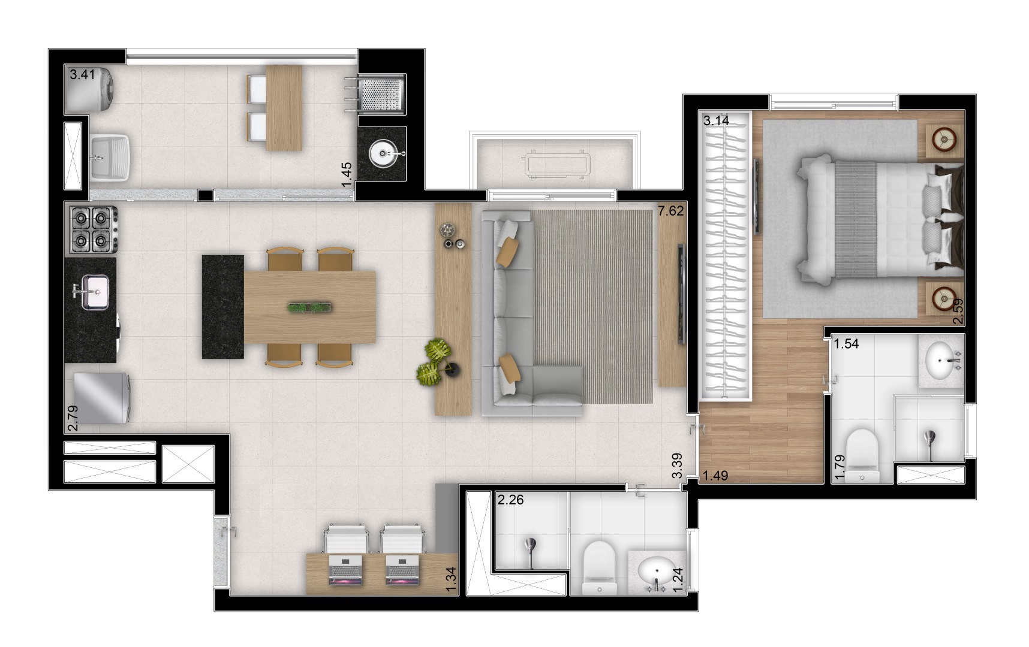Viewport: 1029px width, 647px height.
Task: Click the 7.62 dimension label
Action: (670, 211)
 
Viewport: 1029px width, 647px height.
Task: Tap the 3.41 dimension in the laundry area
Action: (82, 75)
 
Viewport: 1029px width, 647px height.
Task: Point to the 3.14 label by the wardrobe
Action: (716, 120)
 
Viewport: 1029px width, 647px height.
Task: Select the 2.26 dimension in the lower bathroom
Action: (510, 499)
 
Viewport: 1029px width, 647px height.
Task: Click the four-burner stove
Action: (93, 228)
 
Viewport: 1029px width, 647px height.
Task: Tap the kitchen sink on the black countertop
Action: (94, 292)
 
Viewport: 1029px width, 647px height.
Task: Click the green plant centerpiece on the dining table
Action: (309, 308)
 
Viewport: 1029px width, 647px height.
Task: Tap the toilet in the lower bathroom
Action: (599, 567)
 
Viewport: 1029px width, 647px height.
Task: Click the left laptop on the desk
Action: (345, 570)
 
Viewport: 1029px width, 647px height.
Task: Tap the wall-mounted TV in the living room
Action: (681, 293)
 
